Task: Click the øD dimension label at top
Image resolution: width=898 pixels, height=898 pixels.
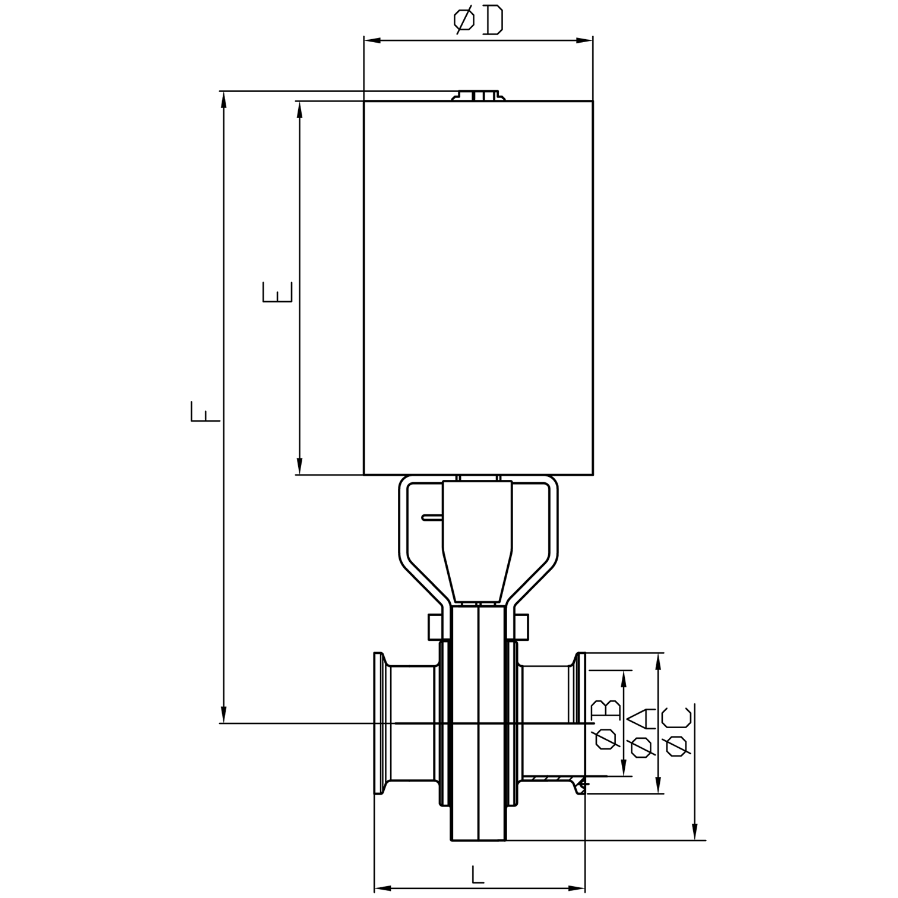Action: [x=478, y=21]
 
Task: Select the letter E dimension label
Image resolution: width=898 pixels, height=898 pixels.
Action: [x=277, y=292]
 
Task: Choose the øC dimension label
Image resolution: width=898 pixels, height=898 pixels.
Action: [x=678, y=731]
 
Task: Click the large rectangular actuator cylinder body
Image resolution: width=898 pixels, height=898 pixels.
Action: [x=478, y=288]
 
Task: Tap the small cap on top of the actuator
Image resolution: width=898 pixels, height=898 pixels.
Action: [x=478, y=96]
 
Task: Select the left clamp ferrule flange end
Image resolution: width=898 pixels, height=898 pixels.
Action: [x=378, y=723]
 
